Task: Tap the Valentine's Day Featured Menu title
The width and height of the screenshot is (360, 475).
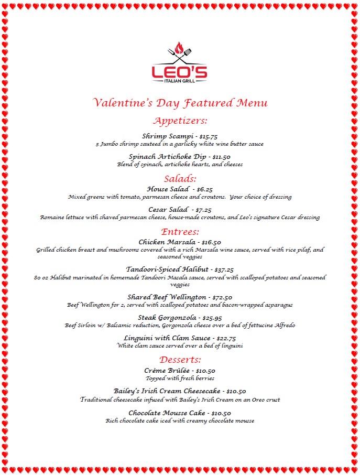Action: tap(180, 102)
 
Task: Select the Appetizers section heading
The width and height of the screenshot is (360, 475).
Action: tap(180, 121)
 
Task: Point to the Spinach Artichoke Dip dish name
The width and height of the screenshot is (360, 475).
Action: tap(167, 156)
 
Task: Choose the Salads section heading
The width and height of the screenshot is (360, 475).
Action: tap(180, 178)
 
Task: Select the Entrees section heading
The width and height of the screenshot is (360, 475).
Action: tap(180, 231)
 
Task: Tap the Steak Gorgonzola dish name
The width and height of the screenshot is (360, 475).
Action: tap(167, 317)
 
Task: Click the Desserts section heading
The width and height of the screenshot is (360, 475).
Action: tap(180, 359)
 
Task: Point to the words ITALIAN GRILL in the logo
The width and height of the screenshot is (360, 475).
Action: tap(179, 80)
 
